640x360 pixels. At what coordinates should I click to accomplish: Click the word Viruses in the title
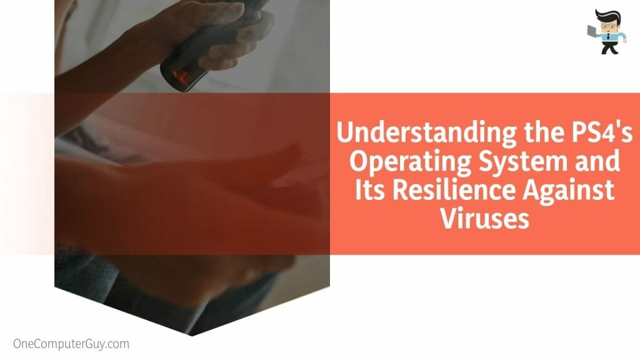tap(484, 218)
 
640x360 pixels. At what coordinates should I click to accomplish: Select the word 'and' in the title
tap(597, 161)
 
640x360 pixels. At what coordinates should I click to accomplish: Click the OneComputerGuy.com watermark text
tap(71, 344)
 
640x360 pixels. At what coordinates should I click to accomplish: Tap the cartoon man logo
tap(607, 31)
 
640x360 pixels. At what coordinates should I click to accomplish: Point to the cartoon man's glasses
tap(607, 26)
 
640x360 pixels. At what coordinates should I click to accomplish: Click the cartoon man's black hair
tap(607, 16)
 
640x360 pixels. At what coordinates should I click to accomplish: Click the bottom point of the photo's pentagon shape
tap(192, 336)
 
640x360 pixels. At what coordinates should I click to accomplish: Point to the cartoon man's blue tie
tap(607, 37)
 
